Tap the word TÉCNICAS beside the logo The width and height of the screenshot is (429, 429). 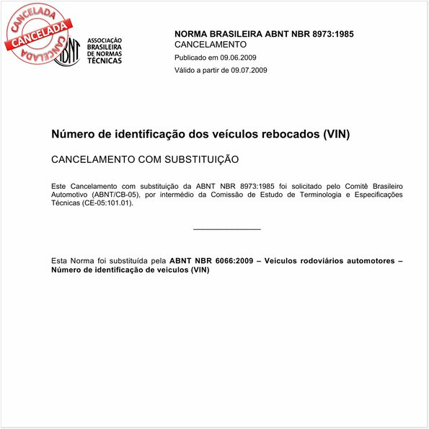(105, 61)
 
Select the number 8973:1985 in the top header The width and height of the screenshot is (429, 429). (330, 34)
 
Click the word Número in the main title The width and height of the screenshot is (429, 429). (72, 134)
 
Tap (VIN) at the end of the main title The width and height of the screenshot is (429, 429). (335, 134)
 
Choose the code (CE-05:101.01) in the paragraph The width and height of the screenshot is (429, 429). (108, 203)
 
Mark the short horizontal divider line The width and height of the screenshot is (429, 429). (227, 229)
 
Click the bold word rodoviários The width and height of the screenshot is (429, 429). (314, 260)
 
